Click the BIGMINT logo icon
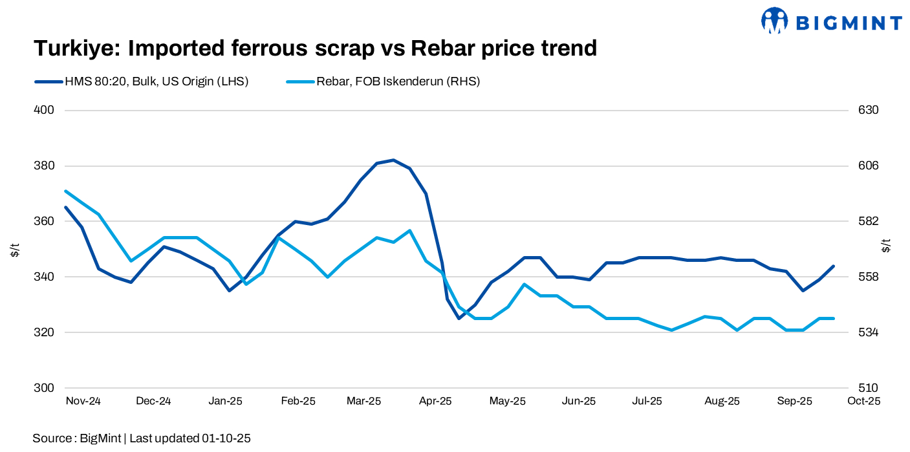774,21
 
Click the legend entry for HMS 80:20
155,81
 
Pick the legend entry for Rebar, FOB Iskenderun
398,81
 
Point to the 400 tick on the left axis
44,110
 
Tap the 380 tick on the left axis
44,166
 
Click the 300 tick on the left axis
44,388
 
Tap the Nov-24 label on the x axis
83,401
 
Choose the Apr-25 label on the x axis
435,401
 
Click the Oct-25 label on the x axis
863,401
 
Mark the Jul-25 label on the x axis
646,401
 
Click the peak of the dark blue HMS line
393,160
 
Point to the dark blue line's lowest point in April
459,318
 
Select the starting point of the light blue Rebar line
66,191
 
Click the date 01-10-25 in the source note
226,438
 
